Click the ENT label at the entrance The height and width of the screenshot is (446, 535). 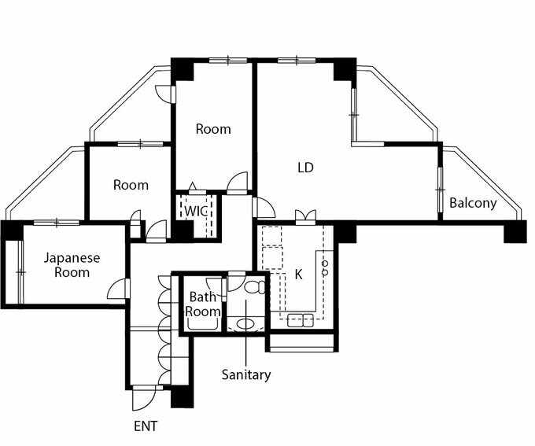pos(146,426)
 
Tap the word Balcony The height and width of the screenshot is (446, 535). pos(473,203)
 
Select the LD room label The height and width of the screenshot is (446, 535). pos(305,168)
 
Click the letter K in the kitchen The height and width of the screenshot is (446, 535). pos(298,275)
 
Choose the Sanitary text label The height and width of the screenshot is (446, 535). pos(245,374)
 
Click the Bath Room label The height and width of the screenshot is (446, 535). pos(202,304)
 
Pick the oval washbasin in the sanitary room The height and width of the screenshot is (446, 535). pos(245,323)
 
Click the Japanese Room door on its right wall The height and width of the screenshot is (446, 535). pos(120,289)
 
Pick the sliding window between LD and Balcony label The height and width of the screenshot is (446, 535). pos(438,190)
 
